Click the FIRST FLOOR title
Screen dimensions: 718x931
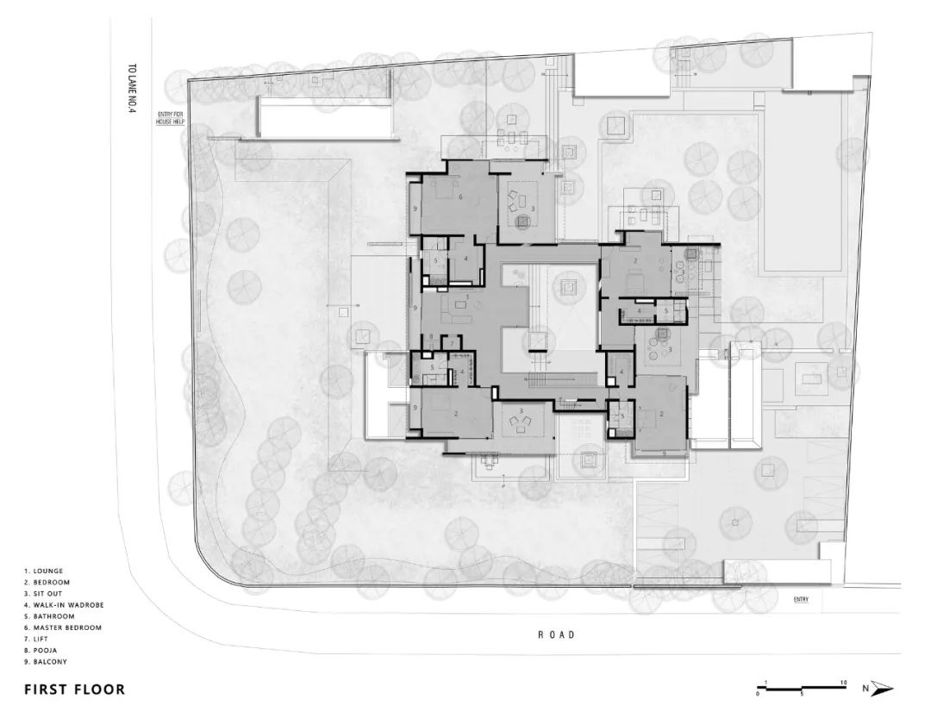click(74, 690)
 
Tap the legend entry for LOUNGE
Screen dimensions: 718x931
click(45, 571)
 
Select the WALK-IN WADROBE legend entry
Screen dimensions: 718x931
click(65, 605)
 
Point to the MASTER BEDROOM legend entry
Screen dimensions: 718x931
click(63, 627)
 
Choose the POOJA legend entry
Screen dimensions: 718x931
click(42, 651)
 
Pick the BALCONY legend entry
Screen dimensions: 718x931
click(46, 662)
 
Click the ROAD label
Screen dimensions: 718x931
click(556, 634)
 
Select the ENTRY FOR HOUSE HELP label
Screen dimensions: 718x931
click(171, 118)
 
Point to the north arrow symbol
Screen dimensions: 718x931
click(883, 688)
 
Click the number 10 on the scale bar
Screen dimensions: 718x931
click(843, 682)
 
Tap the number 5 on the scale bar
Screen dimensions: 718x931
click(802, 694)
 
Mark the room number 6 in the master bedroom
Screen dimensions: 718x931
click(460, 197)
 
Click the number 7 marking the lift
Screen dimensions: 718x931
click(451, 344)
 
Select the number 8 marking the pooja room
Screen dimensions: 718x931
click(431, 335)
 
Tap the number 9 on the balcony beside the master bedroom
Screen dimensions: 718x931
click(416, 209)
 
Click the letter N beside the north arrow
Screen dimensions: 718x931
click(865, 688)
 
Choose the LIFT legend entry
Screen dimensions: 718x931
click(39, 640)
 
